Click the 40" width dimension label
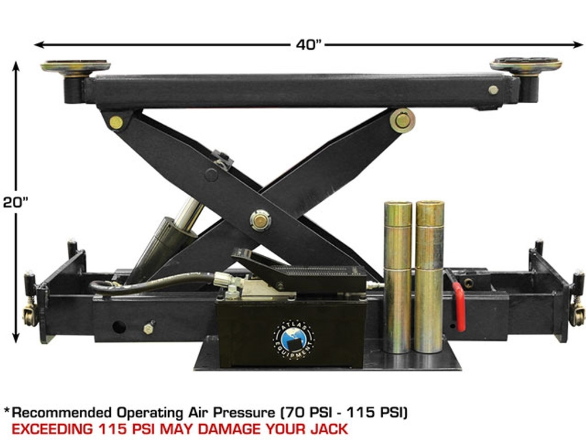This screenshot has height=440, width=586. pyautogui.click(x=309, y=45)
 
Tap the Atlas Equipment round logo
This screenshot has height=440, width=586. pyautogui.click(x=294, y=339)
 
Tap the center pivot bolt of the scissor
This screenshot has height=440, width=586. pyautogui.click(x=260, y=220)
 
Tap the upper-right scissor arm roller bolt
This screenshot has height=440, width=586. pyautogui.click(x=402, y=120)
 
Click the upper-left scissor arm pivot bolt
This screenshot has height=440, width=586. pyautogui.click(x=116, y=123)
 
